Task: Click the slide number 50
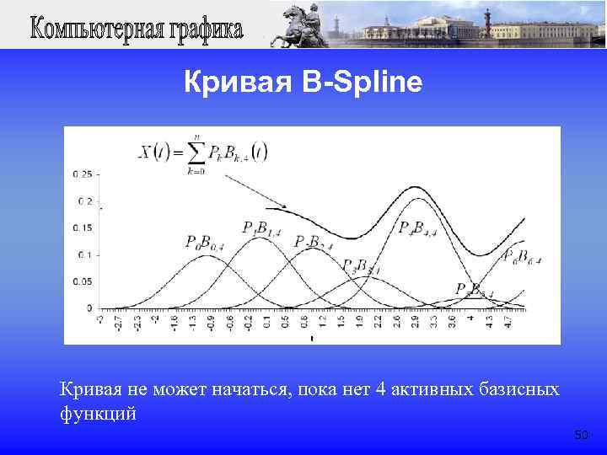click(x=581, y=435)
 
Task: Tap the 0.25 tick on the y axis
click(x=82, y=174)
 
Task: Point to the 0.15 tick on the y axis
click(x=82, y=227)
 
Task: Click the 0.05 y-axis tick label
click(x=82, y=281)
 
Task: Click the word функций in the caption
click(x=97, y=415)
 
